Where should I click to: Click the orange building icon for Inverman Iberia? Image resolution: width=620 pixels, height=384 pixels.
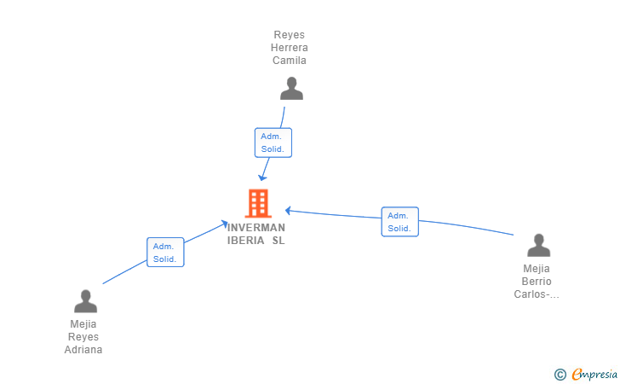[258, 203]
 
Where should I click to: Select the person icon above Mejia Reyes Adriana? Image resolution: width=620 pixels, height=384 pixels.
[85, 301]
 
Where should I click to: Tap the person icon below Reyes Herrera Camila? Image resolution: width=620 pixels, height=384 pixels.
[291, 89]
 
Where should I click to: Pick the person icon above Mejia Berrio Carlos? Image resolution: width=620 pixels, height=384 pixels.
[538, 245]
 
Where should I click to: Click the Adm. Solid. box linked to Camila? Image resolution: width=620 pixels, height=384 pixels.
[273, 143]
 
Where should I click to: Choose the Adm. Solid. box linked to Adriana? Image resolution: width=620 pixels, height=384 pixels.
[165, 252]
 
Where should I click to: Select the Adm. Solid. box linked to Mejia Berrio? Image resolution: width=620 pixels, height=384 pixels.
[399, 222]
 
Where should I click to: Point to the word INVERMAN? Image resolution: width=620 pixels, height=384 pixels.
[256, 228]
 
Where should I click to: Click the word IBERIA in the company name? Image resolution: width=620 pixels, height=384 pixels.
[245, 241]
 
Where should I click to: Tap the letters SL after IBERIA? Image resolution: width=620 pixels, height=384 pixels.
[278, 241]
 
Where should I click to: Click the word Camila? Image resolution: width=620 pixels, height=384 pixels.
[289, 61]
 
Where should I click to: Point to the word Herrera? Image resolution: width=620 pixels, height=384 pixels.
[289, 48]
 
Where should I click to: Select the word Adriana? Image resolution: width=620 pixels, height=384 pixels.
[83, 350]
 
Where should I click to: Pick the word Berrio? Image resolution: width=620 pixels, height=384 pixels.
[537, 282]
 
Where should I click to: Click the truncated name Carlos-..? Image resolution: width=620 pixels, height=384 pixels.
[537, 294]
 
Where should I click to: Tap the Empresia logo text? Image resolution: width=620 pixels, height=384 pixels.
[594, 375]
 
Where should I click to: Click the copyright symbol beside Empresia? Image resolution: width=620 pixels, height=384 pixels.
[560, 375]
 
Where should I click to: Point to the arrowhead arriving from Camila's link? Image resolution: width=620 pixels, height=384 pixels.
[262, 177]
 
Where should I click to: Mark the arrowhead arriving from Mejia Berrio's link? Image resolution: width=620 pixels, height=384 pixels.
[288, 211]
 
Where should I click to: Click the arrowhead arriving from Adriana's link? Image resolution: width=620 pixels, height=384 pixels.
[224, 224]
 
